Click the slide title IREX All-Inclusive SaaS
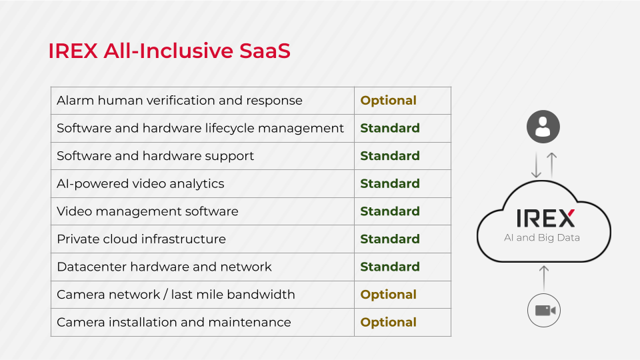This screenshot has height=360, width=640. click(169, 51)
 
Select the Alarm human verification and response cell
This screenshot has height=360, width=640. click(179, 101)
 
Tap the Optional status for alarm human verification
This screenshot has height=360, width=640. click(388, 101)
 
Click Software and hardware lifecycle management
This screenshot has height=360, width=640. click(200, 128)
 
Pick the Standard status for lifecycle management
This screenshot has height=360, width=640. click(390, 128)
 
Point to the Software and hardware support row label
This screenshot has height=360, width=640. click(155, 156)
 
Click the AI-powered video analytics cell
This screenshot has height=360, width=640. click(141, 184)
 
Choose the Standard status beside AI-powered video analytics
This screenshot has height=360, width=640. click(390, 184)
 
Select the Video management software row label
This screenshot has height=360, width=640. click(147, 211)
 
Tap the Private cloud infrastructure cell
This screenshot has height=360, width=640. click(141, 239)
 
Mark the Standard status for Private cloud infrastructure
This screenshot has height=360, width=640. click(390, 239)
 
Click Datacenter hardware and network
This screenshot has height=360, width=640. click(164, 267)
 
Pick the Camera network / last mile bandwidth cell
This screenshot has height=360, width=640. click(176, 295)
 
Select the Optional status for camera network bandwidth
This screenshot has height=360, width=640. click(388, 295)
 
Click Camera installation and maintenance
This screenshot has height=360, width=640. click(174, 323)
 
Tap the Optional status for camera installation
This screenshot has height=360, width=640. click(388, 323)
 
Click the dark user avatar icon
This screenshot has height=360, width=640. click(543, 127)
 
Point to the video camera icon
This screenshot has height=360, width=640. click(544, 311)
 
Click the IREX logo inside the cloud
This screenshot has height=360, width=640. click(546, 219)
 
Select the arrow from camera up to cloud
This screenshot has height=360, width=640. click(544, 279)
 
